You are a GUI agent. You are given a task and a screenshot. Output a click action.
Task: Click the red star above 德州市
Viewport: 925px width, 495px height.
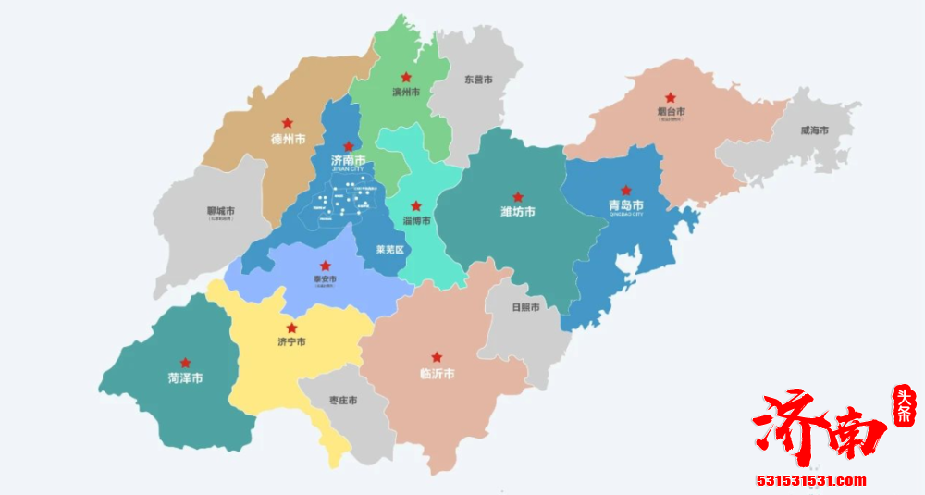click(x=288, y=123)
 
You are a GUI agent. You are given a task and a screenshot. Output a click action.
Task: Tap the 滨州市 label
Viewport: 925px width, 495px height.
click(x=406, y=93)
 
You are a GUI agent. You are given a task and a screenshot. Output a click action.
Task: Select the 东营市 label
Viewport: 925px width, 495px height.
click(x=478, y=80)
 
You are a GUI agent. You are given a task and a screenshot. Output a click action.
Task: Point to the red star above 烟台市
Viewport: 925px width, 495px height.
click(x=670, y=97)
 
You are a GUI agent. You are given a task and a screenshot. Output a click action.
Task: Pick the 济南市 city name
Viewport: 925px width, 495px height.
click(x=348, y=160)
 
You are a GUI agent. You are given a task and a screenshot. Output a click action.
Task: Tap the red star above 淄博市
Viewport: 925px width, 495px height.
click(x=416, y=205)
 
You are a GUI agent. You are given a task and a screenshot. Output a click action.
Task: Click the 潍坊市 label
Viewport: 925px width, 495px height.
click(x=517, y=212)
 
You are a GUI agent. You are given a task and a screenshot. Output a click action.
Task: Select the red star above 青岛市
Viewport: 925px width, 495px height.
click(x=625, y=190)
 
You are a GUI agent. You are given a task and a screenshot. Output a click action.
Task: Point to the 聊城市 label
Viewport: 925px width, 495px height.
click(x=221, y=211)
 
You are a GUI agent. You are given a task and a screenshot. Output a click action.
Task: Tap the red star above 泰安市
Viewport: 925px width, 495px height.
click(x=325, y=266)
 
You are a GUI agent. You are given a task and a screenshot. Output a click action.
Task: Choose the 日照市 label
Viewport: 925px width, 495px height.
click(x=525, y=307)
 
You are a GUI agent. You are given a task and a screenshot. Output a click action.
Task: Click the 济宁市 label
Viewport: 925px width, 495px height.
click(x=291, y=342)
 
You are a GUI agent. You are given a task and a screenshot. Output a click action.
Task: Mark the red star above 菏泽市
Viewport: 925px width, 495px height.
click(x=186, y=363)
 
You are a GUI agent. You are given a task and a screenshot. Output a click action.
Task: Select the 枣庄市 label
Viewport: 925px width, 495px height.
click(x=344, y=401)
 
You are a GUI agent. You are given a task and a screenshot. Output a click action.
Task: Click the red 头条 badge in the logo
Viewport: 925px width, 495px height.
click(x=901, y=407)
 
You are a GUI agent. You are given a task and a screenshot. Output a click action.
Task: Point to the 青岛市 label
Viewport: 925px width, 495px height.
click(x=625, y=205)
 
